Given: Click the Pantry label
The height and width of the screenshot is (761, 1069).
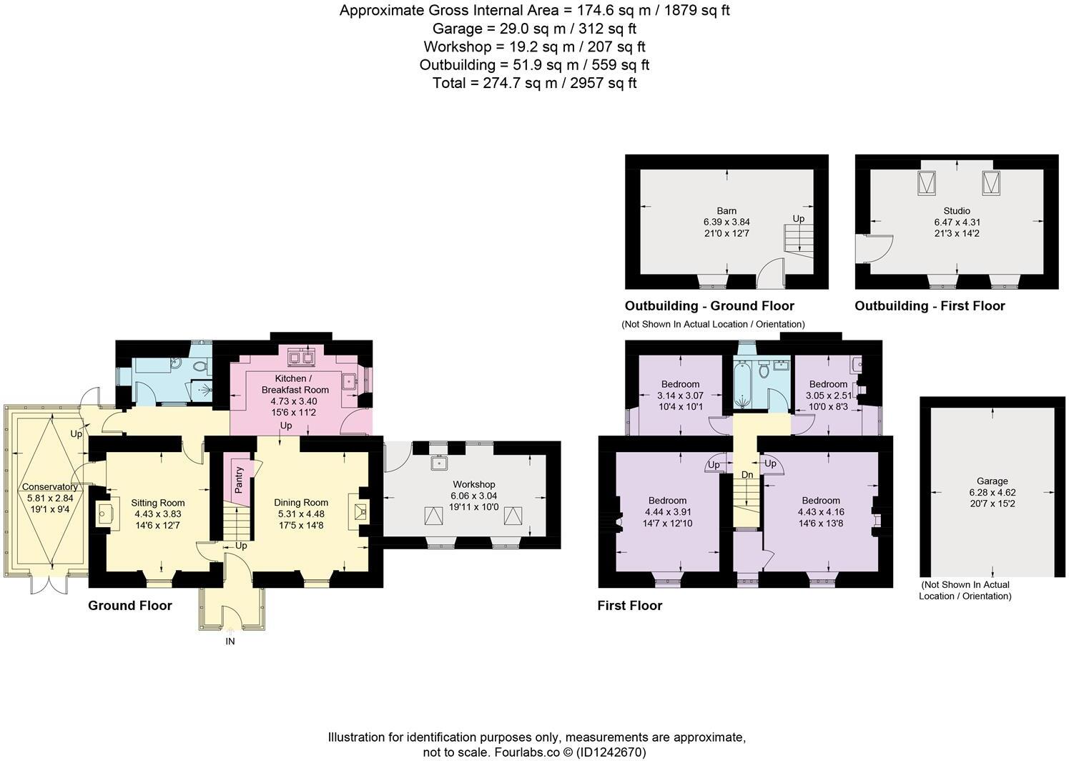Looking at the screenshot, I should point(240,479).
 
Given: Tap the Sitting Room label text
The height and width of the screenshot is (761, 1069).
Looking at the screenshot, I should point(158,503).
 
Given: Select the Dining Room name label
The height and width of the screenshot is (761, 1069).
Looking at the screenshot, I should point(300,503).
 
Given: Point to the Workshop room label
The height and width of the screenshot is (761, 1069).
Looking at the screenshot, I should point(473,485).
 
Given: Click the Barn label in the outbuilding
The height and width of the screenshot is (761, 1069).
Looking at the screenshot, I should point(726,211).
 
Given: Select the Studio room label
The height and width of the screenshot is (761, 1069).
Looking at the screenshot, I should point(956,211).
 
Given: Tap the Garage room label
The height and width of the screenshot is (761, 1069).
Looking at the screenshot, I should point(992,481).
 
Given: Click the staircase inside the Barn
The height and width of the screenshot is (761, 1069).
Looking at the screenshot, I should point(799,240).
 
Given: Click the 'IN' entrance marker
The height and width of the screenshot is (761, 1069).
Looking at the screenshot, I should point(230,642).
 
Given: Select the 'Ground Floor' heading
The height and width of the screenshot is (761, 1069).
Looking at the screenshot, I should point(129,606).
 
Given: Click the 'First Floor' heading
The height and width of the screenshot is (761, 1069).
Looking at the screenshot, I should point(629,606).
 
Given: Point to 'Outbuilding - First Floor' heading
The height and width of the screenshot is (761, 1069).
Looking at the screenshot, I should point(930,306).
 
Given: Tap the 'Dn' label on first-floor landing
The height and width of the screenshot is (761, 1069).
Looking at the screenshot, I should point(747,475).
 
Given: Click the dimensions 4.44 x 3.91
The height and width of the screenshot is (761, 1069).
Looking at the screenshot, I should point(667,512).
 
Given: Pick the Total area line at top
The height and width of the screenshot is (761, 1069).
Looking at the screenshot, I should point(534,83).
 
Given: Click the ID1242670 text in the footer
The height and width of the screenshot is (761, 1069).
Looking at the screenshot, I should point(611,752).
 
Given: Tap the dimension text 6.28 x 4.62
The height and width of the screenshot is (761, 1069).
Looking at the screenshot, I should point(992,492).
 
